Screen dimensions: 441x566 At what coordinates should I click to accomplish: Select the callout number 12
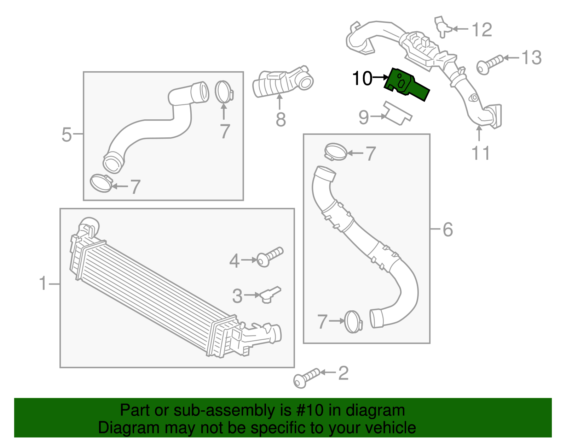(x=482, y=30)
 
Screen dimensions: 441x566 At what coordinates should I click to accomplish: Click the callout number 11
(x=480, y=153)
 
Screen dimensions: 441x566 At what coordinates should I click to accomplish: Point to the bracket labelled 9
(x=398, y=113)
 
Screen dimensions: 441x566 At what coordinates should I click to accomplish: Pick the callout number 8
(x=281, y=120)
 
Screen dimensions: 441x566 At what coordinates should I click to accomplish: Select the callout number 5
(x=67, y=135)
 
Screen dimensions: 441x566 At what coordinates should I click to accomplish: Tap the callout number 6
(x=447, y=230)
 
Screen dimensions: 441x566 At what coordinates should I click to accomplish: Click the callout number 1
(x=43, y=284)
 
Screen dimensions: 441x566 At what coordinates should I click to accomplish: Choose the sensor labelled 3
(x=271, y=294)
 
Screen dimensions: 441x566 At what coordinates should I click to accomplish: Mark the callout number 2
(x=343, y=373)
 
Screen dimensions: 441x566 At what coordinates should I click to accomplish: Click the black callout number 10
(x=362, y=78)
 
